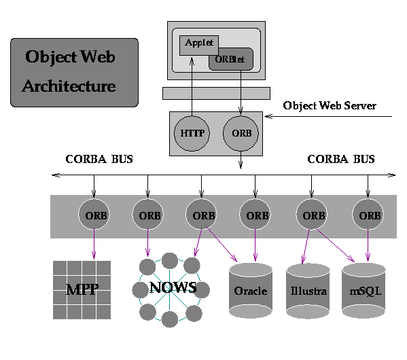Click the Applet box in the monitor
point(199,46)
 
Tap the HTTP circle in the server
point(192,133)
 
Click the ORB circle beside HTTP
point(241,133)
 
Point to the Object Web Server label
point(330,106)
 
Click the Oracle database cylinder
point(251,290)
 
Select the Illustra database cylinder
point(308,291)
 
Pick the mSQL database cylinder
point(364,290)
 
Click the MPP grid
point(82,290)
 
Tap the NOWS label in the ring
point(173,287)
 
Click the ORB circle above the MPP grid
point(94,215)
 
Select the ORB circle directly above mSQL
point(368,215)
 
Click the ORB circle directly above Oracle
point(255,215)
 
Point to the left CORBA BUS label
point(99,159)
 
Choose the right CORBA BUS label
point(341,159)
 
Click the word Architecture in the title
point(69,86)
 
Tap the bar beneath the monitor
point(216,94)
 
